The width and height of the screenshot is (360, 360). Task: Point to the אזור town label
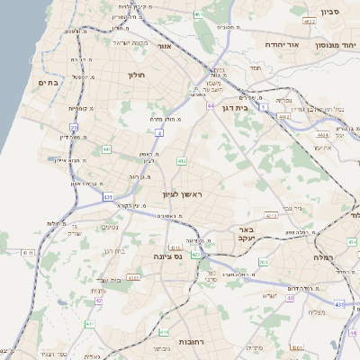click(x=164, y=46)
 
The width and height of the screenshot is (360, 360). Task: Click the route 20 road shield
click(x=74, y=129)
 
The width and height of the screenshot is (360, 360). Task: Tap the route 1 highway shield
click(x=264, y=106)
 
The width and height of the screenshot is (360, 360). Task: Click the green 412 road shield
click(x=182, y=160)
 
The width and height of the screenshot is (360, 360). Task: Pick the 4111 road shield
click(x=25, y=253)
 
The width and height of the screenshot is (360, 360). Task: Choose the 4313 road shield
click(x=271, y=216)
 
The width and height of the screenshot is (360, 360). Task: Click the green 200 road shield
click(x=263, y=262)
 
